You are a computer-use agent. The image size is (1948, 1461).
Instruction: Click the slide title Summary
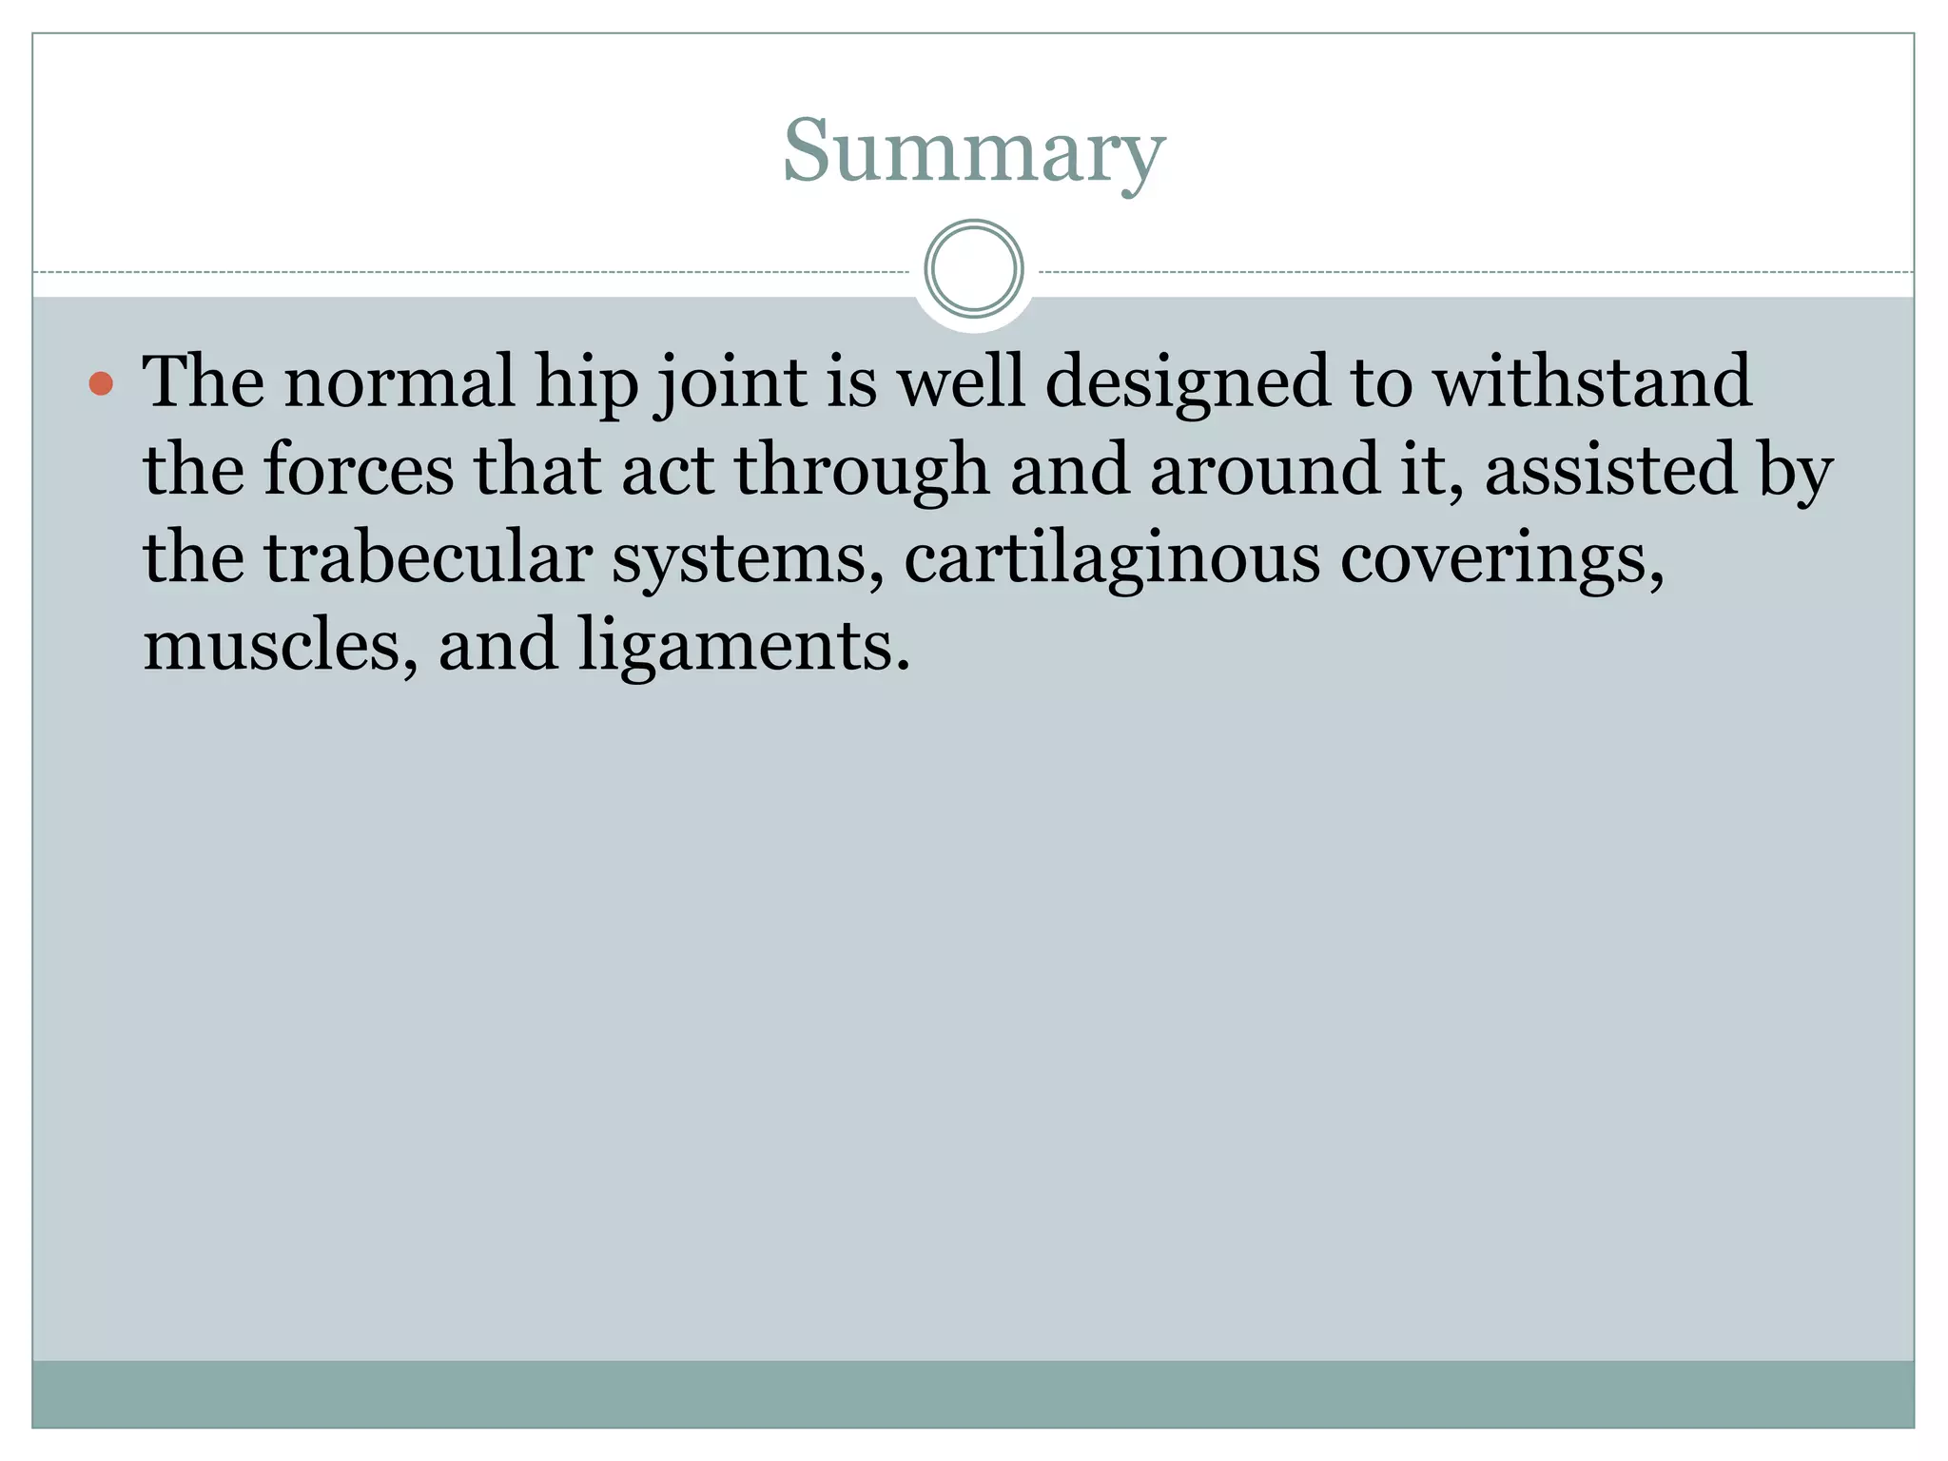[973, 152]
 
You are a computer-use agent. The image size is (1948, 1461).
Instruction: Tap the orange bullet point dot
[101, 384]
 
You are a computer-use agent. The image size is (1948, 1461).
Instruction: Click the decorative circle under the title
[973, 268]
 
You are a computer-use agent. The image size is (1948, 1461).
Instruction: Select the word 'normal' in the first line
[399, 382]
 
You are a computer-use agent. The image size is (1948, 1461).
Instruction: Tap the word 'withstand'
[1592, 382]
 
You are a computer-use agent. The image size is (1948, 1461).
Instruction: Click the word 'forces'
[358, 470]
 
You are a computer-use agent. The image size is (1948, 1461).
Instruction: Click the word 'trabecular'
[427, 557]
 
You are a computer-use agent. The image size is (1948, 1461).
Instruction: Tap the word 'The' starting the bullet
[203, 382]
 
